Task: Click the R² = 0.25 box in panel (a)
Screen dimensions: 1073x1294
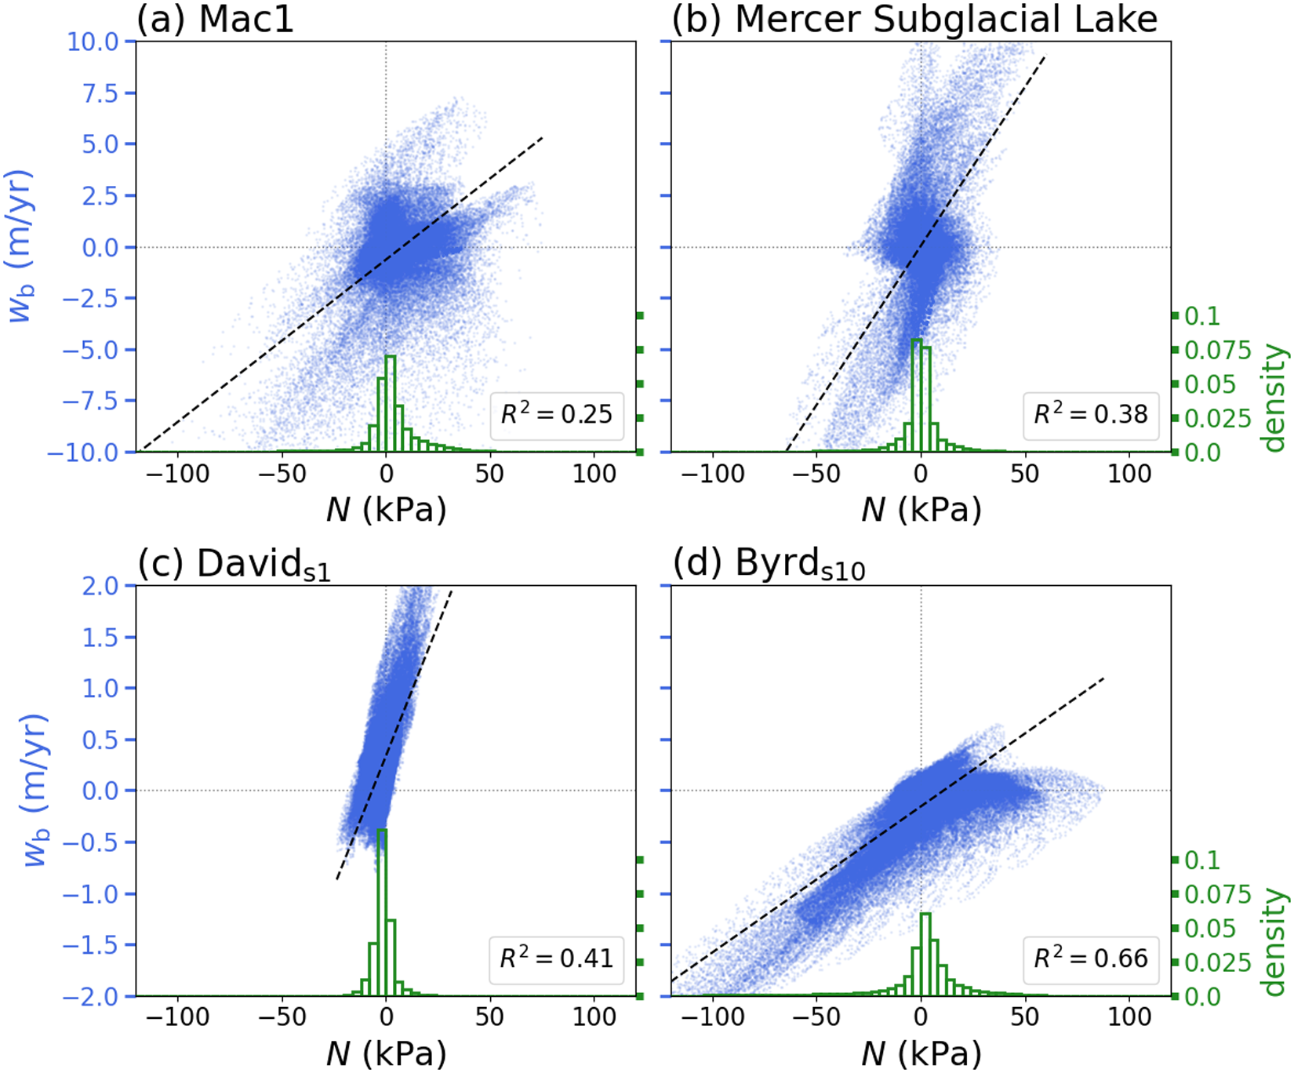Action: pyautogui.click(x=556, y=414)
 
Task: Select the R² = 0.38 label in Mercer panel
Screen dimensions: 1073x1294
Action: pyautogui.click(x=1091, y=414)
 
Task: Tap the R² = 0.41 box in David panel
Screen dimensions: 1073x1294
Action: pyautogui.click(x=556, y=958)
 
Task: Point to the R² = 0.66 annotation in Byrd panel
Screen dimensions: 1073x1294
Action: pyautogui.click(x=1091, y=958)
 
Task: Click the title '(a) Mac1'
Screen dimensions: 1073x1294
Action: pyautogui.click(x=216, y=19)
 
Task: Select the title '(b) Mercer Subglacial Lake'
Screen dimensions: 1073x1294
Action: pyautogui.click(x=914, y=19)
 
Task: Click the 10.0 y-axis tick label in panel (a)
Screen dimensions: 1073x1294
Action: pyautogui.click(x=92, y=41)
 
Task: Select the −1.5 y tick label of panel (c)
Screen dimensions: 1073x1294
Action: pyautogui.click(x=92, y=945)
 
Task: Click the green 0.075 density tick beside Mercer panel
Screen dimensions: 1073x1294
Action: pyautogui.click(x=1217, y=350)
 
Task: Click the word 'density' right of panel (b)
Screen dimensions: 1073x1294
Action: pyautogui.click(x=1275, y=398)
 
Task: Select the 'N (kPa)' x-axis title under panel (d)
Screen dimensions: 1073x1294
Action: pyautogui.click(x=921, y=1055)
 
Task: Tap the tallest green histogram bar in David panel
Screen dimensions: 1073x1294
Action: pyautogui.click(x=382, y=910)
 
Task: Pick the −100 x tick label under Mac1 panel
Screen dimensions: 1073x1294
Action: pyautogui.click(x=178, y=473)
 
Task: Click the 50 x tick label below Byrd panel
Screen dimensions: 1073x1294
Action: pyautogui.click(x=1024, y=1017)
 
